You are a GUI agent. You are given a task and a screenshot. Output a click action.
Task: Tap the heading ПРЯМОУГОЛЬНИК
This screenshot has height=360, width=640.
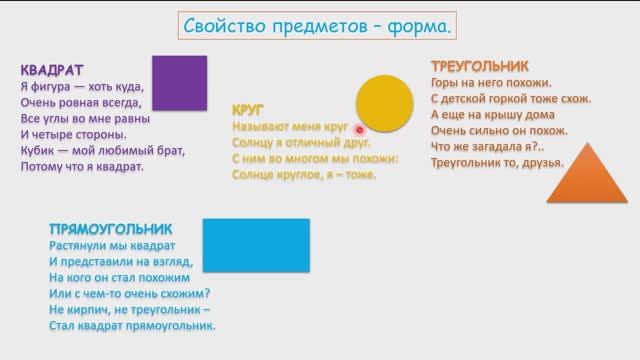[111, 228]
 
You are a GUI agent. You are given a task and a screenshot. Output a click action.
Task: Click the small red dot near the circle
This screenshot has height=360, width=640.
[357, 129]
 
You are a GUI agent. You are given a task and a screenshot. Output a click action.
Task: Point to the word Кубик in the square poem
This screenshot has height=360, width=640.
[38, 150]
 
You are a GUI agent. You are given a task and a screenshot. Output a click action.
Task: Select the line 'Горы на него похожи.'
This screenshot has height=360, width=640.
[491, 83]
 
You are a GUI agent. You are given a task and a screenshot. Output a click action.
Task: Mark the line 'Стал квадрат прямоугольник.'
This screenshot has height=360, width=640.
[132, 325]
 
